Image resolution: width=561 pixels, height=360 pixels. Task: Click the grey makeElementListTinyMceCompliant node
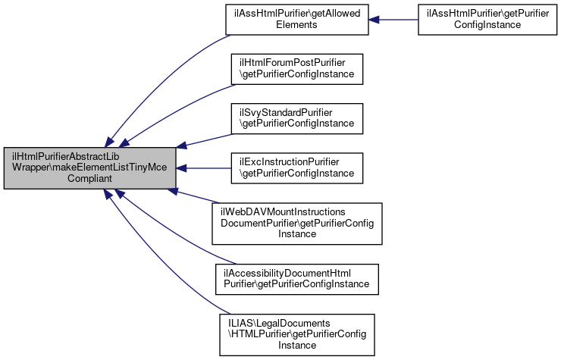(90, 168)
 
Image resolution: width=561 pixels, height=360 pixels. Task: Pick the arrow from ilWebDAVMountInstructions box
(193, 199)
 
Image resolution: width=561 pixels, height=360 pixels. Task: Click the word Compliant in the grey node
(90, 179)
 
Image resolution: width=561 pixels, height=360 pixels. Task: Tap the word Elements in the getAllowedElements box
(296, 25)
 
